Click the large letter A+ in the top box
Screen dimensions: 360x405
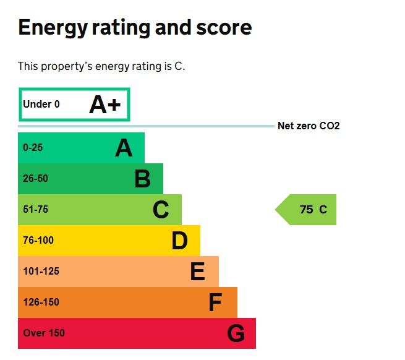tap(104, 105)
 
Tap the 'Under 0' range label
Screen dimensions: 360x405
tap(41, 105)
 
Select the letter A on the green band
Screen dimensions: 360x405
tap(124, 148)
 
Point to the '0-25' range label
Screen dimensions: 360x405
tap(33, 148)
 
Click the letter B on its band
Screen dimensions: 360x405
tap(142, 179)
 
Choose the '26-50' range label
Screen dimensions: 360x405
tap(35, 179)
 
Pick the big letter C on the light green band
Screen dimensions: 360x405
tap(161, 210)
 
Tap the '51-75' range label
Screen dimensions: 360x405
tap(35, 210)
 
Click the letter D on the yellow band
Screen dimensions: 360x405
tap(179, 241)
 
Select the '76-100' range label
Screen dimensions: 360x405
tap(38, 241)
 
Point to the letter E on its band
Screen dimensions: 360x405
tap(197, 272)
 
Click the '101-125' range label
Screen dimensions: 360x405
tap(41, 272)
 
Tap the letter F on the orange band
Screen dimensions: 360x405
tap(215, 303)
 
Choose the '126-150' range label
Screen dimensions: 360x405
tap(41, 302)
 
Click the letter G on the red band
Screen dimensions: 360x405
tap(236, 334)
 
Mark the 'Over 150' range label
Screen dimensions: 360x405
tap(44, 333)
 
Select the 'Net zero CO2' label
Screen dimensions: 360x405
tap(309, 126)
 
